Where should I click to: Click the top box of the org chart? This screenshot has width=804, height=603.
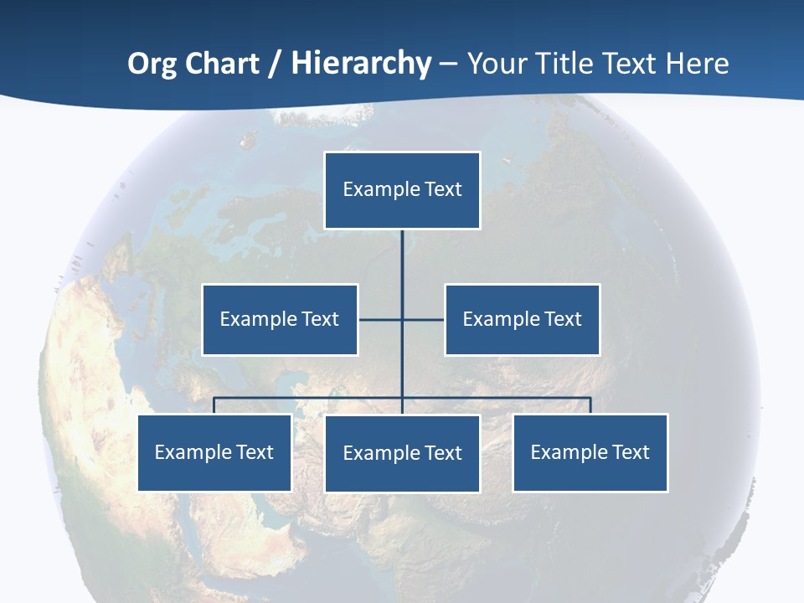pos(402,190)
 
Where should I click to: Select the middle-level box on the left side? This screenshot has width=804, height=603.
pos(280,319)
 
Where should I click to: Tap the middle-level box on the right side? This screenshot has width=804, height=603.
pos(522,319)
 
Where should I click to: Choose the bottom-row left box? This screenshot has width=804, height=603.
pos(214,452)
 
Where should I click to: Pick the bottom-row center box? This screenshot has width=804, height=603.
pos(402,453)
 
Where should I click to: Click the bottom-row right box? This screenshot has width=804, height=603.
pos(590,452)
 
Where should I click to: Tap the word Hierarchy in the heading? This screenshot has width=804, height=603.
pos(361,64)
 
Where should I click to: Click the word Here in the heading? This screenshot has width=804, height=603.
pos(697,64)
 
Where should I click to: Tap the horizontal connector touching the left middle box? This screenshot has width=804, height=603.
pos(379,319)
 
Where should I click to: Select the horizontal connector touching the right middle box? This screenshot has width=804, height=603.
pos(424,319)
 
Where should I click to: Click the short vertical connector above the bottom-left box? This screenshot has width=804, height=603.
pos(214,405)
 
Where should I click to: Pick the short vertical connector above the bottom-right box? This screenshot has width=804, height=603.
pos(590,405)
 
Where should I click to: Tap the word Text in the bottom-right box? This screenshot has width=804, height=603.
pos(631,452)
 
